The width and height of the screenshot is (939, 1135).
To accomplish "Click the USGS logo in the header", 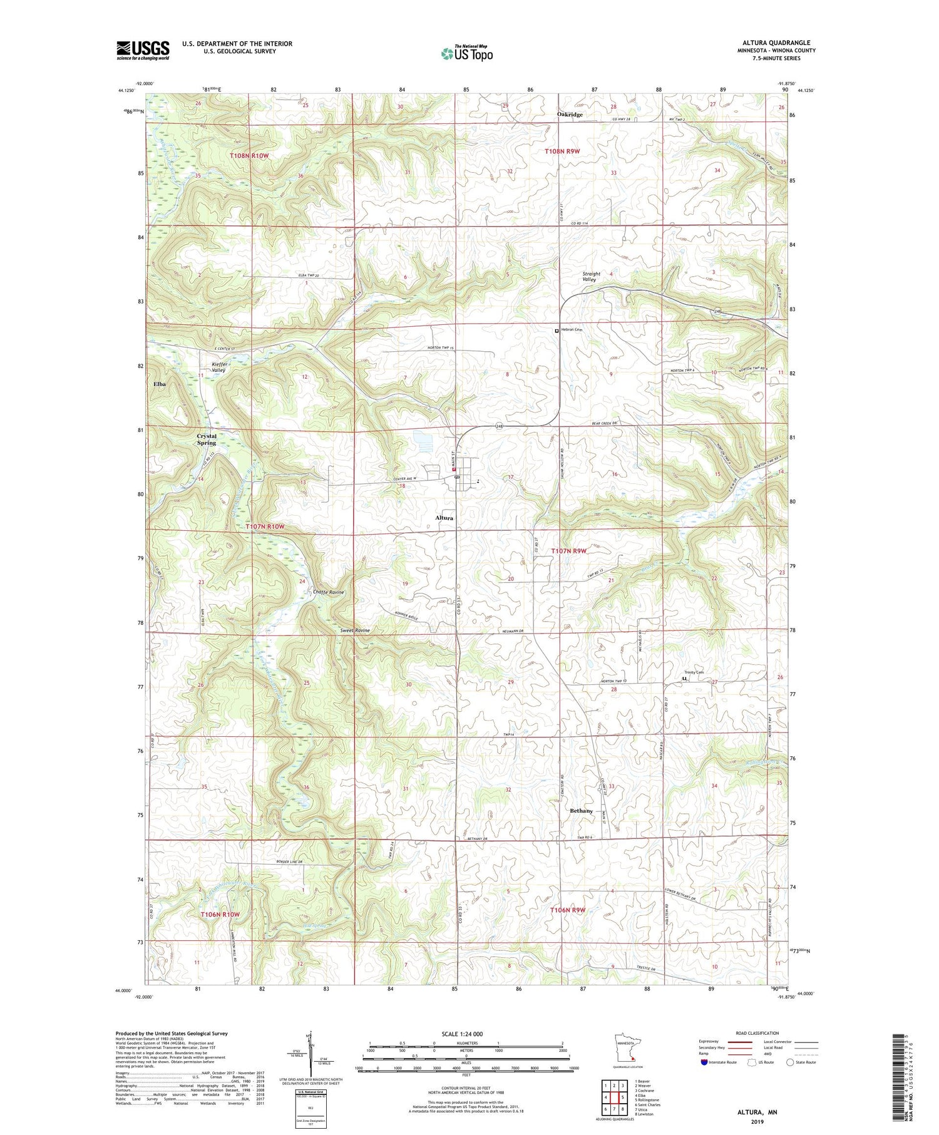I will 143,50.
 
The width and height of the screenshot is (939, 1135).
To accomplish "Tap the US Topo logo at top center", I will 467,53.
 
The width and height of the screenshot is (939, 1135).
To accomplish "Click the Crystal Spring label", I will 207,439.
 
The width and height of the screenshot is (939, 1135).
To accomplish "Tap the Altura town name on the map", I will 444,518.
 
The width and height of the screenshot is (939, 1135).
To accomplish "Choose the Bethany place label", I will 581,811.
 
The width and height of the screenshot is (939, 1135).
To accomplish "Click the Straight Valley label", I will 591,276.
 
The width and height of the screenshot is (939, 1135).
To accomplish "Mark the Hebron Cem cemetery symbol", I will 556,331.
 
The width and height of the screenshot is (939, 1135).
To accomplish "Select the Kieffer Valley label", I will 218,367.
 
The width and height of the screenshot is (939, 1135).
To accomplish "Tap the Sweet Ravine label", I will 354,630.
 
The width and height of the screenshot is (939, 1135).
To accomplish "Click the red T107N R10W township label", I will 265,526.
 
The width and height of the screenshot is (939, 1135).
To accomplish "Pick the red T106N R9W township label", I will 568,910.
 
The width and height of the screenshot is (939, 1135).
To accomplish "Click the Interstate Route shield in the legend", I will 704,1062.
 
